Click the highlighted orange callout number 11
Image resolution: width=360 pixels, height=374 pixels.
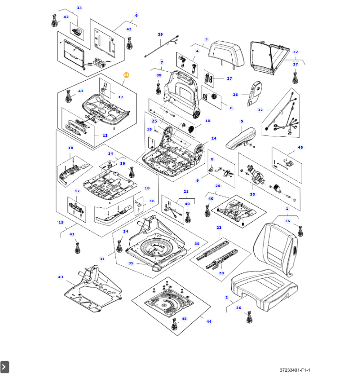[126, 75]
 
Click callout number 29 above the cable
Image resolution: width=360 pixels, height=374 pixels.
[161, 34]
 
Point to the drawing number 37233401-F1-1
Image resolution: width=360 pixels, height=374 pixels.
[295, 370]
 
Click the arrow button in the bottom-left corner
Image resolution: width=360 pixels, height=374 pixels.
[5, 367]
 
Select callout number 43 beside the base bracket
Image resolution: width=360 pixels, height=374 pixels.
[61, 277]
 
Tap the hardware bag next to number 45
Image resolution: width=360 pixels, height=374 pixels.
[175, 324]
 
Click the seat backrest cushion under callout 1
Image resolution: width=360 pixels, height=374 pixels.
[275, 248]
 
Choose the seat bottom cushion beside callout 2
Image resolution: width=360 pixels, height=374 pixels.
[264, 290]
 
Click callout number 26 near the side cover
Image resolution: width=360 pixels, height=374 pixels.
[236, 95]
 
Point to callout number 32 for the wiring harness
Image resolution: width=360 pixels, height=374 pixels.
[260, 110]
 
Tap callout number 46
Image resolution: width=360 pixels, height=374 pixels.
[300, 148]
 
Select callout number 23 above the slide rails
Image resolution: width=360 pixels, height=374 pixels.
[219, 227]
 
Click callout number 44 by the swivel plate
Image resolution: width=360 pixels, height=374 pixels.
[209, 321]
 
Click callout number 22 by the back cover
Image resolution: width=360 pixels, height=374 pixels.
[295, 52]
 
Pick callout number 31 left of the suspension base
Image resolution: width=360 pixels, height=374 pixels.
[102, 259]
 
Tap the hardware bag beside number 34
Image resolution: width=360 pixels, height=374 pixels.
[119, 246]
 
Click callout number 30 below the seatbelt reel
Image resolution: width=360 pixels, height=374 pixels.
[252, 195]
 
